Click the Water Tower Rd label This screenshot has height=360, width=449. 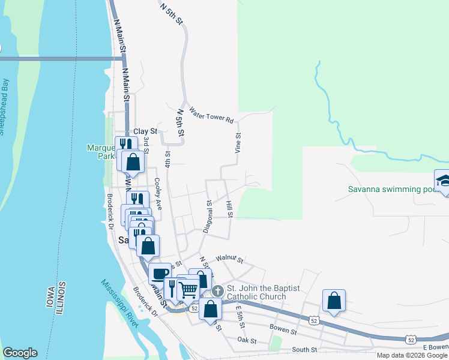coord(211,115)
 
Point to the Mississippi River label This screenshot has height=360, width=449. coord(119,304)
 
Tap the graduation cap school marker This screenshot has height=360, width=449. coord(443,181)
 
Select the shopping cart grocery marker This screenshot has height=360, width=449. coord(188,290)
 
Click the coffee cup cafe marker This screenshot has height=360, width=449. coord(160,274)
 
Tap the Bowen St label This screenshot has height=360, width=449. coord(283,331)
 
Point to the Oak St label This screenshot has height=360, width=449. coord(247,341)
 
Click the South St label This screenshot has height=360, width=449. coord(304,349)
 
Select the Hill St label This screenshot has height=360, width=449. coord(229,209)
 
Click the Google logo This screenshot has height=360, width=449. coord(20,353)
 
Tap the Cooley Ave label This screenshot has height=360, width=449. coord(158,193)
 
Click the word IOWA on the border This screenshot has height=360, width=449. coord(50,295)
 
